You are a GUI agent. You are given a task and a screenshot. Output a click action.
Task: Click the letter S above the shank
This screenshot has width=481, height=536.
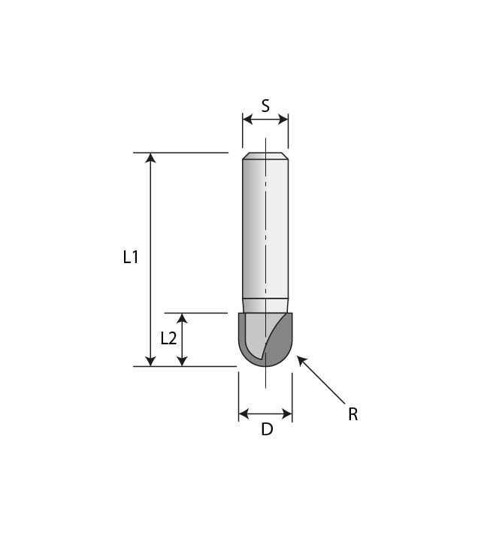[x=265, y=106]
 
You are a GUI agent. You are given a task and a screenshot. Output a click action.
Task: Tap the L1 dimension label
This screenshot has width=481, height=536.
[x=131, y=257]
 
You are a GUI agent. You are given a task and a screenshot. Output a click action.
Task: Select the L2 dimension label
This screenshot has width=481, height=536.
[x=168, y=338]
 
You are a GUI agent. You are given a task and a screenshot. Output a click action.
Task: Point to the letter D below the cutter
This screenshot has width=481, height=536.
[x=267, y=429]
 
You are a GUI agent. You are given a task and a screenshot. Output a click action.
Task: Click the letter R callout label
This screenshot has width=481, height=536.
[x=352, y=414]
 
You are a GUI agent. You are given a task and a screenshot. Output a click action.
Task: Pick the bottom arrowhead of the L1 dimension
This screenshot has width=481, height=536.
[x=150, y=362]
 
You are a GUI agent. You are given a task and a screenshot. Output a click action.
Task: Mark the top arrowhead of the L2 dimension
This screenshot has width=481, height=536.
[x=182, y=318]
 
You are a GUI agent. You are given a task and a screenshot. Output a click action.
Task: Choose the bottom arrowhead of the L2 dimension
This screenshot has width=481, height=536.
[x=182, y=362]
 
